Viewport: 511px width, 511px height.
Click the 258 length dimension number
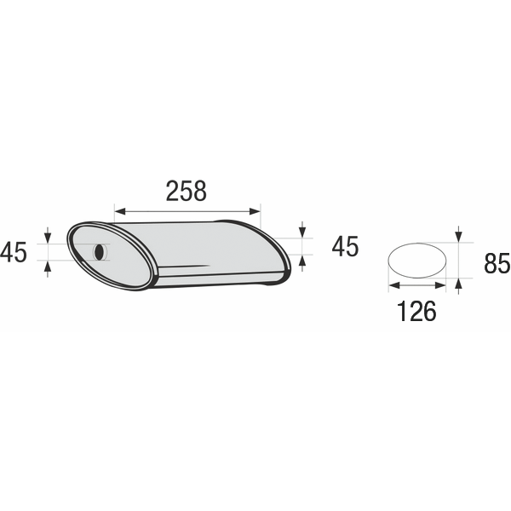pos(186,191)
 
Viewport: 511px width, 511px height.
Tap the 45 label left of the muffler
pos(14,252)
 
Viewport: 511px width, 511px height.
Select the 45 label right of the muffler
pos(345,246)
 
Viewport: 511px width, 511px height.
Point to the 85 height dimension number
pos(497,263)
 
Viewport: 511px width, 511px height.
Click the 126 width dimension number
pos(416,311)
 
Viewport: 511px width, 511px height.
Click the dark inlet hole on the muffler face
pos(100,252)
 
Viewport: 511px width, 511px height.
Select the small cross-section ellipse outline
pos(417,260)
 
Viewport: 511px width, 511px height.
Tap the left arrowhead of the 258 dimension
pos(120,211)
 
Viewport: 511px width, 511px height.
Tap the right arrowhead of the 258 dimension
pos(255,211)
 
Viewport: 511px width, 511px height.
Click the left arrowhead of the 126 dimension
pos(394,285)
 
